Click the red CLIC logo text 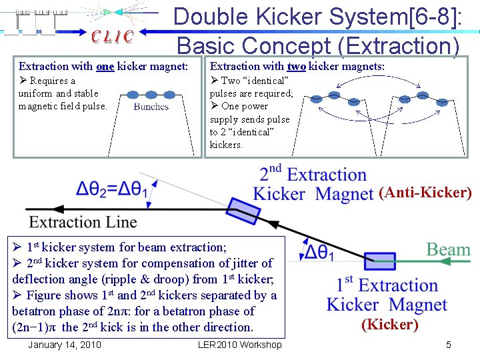pos(112,37)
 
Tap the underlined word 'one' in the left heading pos(105,66)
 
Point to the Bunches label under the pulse pos(151,107)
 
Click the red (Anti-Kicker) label pos(425,193)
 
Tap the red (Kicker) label pos(389,325)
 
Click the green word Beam pos(448,251)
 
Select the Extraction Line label pos(83,222)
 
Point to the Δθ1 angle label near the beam pos(319,252)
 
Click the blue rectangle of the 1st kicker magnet pos(379,261)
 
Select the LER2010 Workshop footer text pos(240,344)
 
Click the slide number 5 pos(449,344)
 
